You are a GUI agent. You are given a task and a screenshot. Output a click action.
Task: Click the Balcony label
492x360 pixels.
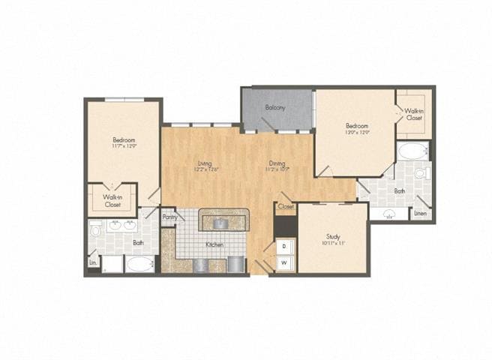click(275, 108)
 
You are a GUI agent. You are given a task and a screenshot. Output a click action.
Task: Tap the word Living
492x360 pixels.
click(205, 163)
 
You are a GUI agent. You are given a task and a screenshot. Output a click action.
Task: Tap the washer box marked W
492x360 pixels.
click(285, 262)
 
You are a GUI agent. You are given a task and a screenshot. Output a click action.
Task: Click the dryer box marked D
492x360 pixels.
click(285, 246)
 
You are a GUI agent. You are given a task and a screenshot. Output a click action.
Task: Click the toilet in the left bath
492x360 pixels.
click(95, 229)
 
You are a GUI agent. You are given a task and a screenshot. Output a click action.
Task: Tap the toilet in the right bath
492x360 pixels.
click(421, 173)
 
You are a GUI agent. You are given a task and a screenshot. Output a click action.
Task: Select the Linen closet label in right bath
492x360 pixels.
click(421, 214)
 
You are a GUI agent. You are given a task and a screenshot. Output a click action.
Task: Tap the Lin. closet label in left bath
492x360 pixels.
click(93, 263)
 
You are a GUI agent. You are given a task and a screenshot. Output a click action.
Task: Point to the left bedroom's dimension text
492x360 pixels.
click(124, 146)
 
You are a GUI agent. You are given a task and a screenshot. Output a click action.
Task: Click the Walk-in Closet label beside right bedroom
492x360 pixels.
click(414, 115)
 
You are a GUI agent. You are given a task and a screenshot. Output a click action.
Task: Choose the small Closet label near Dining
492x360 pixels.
click(286, 206)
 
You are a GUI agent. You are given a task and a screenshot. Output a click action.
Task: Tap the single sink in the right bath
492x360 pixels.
click(390, 214)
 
